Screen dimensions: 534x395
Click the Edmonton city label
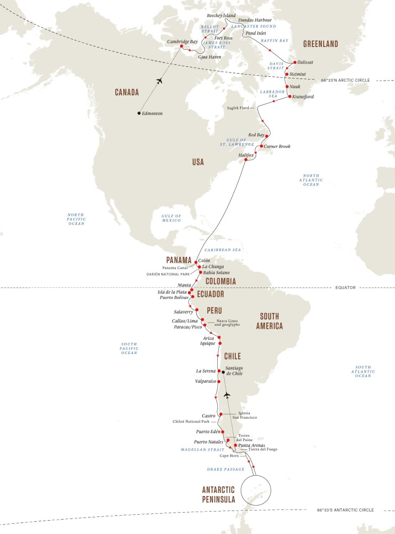tap(153, 114)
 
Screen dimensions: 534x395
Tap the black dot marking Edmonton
tap(139, 113)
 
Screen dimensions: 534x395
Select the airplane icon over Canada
tap(159, 81)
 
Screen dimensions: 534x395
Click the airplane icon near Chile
tap(227, 395)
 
